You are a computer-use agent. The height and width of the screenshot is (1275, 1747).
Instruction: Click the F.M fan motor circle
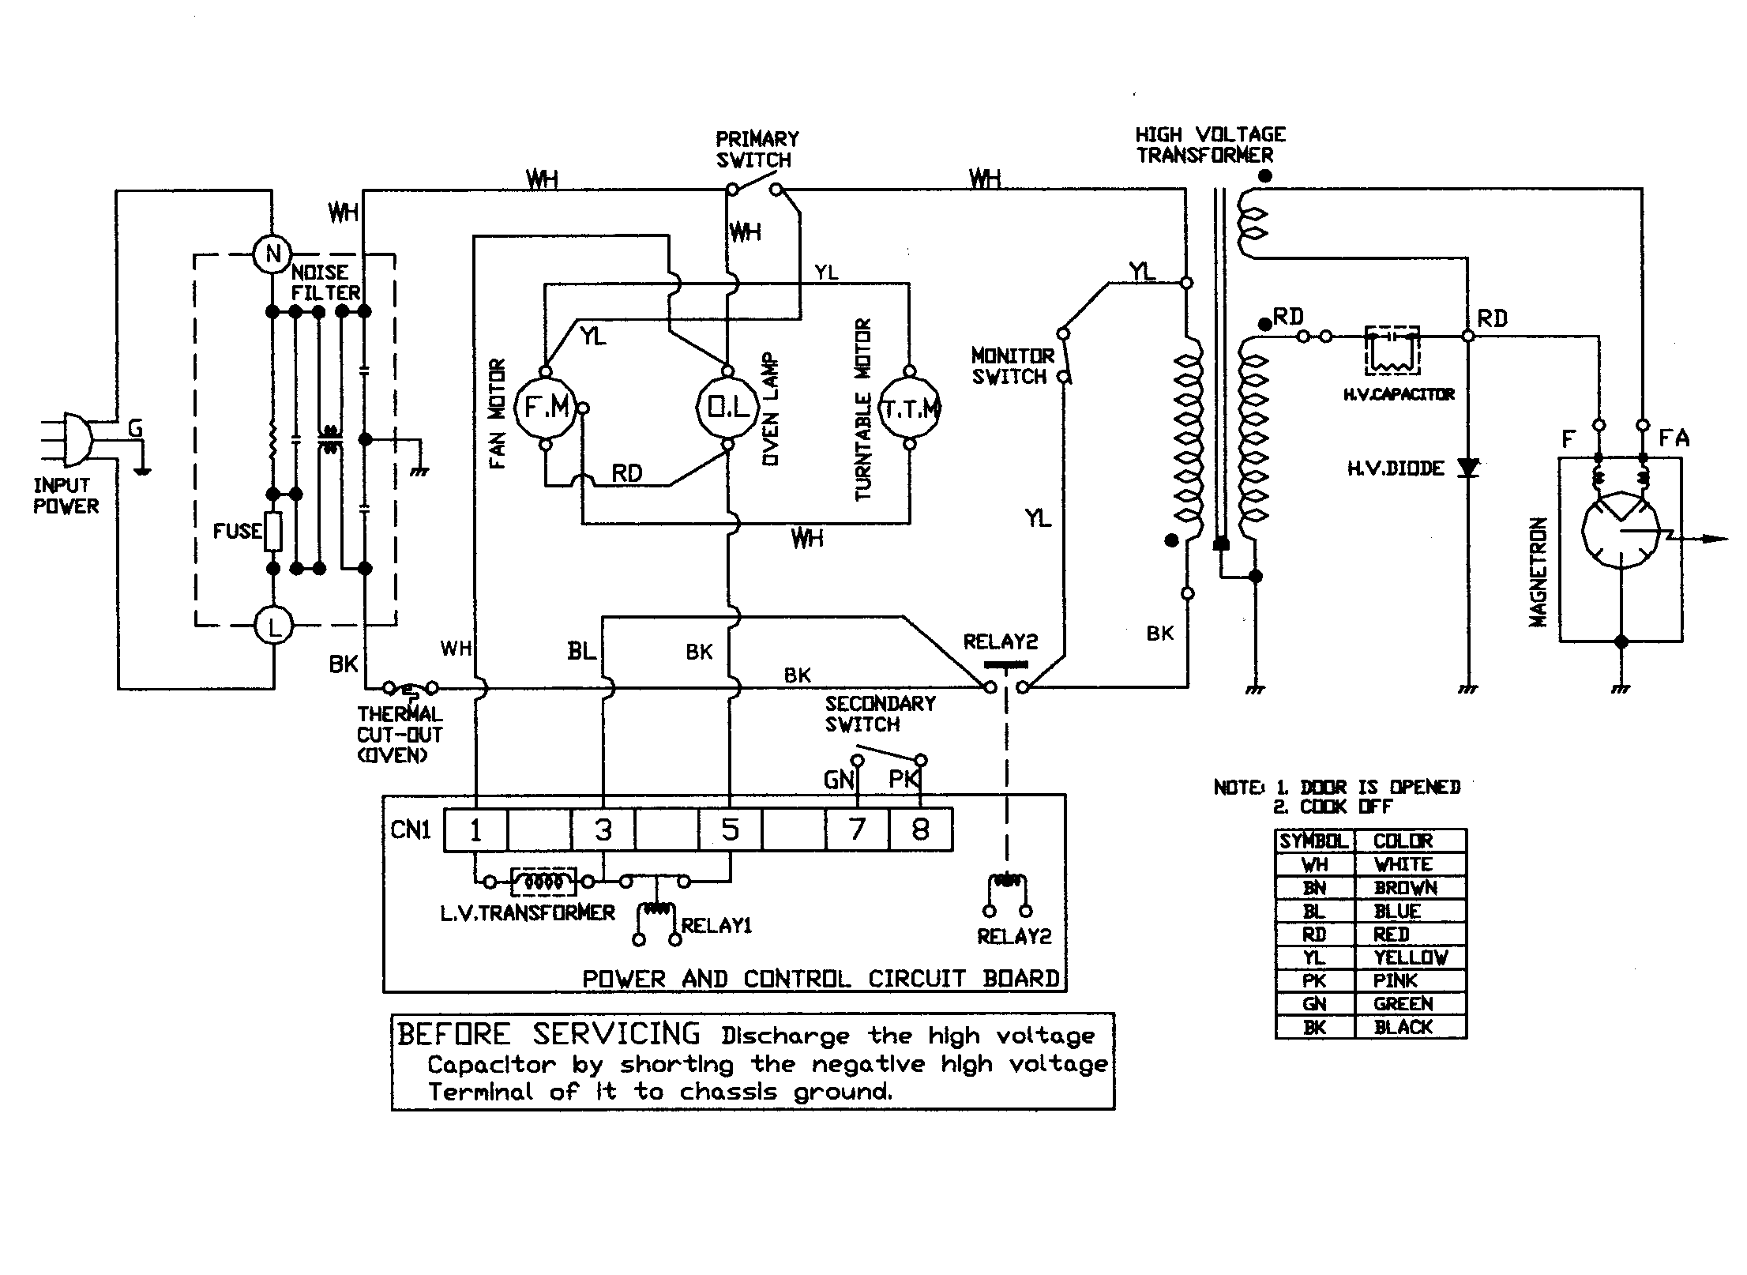point(546,408)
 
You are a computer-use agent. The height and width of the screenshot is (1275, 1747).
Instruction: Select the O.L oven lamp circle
point(727,408)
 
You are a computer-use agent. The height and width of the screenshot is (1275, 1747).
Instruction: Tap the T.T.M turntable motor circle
point(910,409)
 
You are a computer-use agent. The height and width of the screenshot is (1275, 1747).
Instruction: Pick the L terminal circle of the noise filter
point(273,628)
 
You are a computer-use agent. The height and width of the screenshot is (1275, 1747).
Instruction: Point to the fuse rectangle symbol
point(273,531)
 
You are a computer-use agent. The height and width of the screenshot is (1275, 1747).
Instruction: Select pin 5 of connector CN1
point(730,829)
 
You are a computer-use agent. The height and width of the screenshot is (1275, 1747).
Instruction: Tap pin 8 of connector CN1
point(920,829)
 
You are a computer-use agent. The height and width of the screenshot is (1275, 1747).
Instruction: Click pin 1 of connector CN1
point(475,829)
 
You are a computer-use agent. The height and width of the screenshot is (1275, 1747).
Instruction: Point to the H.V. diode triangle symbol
point(1467,468)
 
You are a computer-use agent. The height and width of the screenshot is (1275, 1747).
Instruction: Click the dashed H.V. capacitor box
point(1392,351)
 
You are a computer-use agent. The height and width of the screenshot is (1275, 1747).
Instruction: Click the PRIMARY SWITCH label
point(756,149)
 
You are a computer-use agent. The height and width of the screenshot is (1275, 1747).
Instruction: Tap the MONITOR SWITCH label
point(1012,367)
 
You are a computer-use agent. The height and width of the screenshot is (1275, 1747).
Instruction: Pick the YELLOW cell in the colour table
point(1411,957)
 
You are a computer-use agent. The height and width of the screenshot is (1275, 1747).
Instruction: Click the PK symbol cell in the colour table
point(1314,980)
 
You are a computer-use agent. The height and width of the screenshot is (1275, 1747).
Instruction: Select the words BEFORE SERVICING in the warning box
point(548,1034)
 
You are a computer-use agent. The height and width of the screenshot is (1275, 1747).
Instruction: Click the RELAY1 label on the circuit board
point(716,926)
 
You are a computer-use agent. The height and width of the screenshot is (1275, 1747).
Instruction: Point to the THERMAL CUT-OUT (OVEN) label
point(400,735)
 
